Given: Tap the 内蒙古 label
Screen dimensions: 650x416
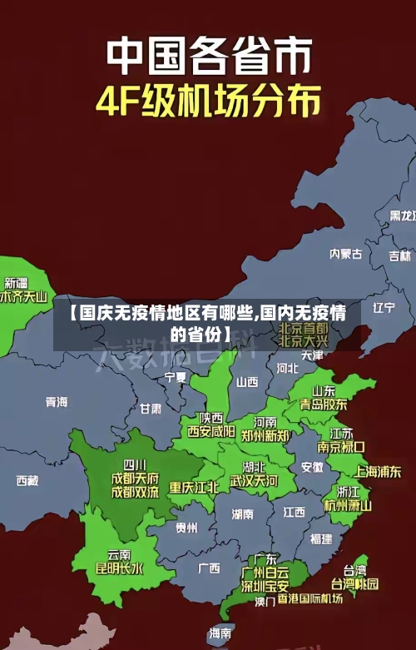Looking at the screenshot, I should point(345,230).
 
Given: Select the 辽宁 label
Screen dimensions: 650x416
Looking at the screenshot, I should point(384,307).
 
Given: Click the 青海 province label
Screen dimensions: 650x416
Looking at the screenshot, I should point(57,401).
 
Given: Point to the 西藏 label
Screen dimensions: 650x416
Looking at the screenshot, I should point(27,480).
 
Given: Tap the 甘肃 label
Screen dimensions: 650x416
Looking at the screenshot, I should point(151,409).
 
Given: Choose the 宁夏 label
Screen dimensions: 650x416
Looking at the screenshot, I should point(176,377).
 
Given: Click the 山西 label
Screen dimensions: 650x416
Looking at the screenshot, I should point(247,382).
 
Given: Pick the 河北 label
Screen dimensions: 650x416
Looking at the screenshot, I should point(287,367).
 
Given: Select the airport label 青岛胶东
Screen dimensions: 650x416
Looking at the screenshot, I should point(324,404).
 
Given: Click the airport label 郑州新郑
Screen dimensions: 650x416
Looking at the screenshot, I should point(265,435).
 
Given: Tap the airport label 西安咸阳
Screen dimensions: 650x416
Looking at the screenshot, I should point(210,431).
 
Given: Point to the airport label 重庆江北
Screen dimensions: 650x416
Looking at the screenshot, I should point(194,487).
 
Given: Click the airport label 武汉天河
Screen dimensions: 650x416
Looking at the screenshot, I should point(254,480).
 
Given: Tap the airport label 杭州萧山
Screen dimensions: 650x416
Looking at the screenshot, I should point(348,505).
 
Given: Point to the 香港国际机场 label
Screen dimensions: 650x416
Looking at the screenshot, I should point(310,599).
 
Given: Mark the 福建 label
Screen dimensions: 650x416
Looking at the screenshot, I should point(320,538).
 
